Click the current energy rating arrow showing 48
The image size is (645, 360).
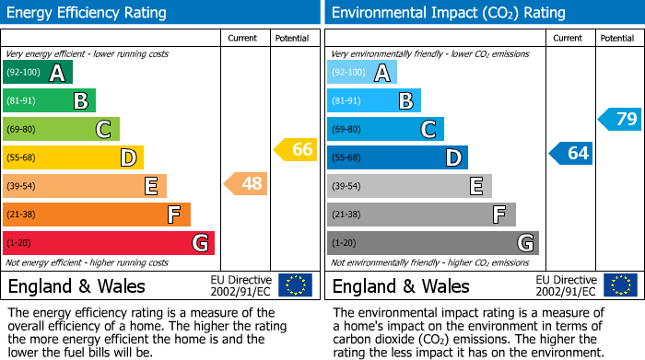[x=246, y=184]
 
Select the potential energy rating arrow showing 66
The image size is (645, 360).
[x=296, y=149]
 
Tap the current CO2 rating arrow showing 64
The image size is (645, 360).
[x=571, y=153]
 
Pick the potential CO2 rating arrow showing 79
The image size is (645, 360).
[x=620, y=119]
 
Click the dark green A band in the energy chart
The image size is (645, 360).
[x=38, y=73]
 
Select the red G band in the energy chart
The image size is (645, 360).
[x=109, y=243]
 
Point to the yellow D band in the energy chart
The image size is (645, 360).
[x=73, y=158]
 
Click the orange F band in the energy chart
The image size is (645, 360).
[x=97, y=215]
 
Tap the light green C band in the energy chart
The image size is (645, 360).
[x=61, y=130]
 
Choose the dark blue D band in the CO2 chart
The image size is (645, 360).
[x=397, y=158]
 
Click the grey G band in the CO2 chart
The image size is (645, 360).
[x=432, y=243]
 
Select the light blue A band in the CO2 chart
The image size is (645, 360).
[x=362, y=73]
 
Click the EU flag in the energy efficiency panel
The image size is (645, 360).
[x=295, y=285]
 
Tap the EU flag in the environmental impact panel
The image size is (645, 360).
[x=621, y=285]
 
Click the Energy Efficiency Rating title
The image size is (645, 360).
[x=88, y=13]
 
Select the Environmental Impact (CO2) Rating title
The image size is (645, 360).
[x=448, y=13]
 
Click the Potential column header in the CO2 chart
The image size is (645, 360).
[x=617, y=38]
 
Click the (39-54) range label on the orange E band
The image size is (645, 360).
[x=23, y=187]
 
